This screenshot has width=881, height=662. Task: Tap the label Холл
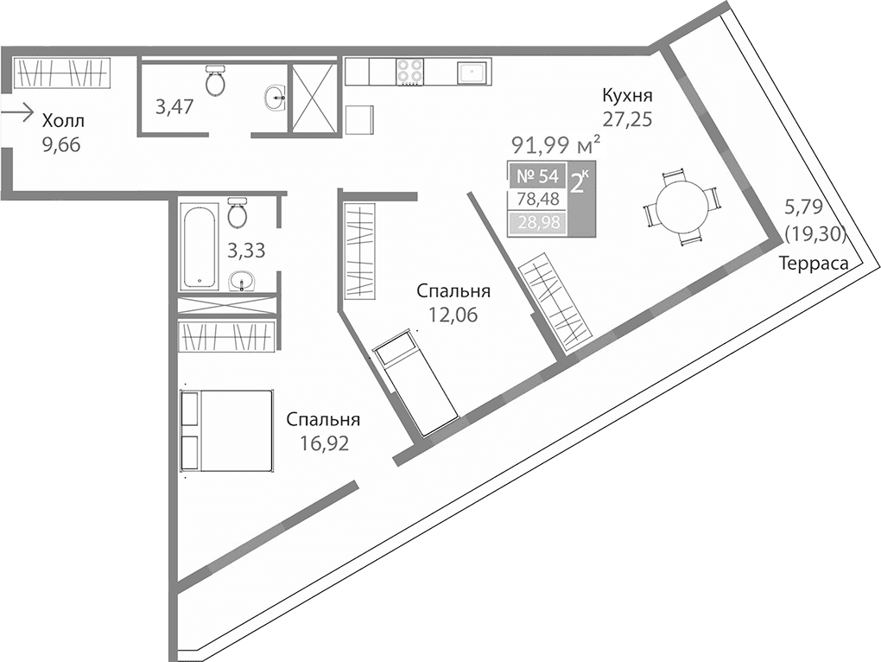coord(64,121)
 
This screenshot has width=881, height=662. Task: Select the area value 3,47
coord(174,107)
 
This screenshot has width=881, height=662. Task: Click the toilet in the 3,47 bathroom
coord(215,82)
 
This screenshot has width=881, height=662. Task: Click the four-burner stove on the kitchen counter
coord(409,71)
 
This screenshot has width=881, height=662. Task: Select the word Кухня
coord(628,95)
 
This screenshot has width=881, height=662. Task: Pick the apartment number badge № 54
coord(536,177)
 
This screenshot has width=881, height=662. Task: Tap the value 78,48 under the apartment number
coord(537,201)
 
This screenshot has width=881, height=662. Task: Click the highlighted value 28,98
coord(537,224)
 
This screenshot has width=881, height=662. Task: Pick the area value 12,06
coord(453,315)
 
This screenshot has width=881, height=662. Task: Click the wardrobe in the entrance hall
coord(64,73)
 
